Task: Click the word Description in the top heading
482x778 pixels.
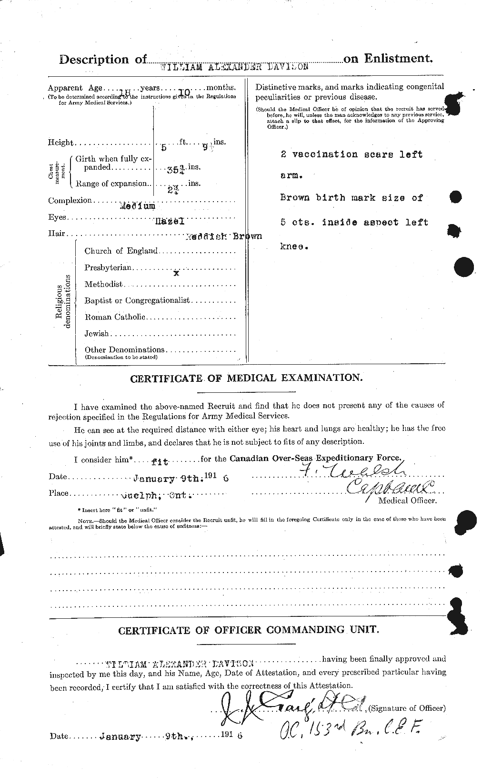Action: point(94,60)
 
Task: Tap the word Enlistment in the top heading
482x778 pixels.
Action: point(398,59)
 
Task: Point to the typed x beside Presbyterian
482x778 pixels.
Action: point(176,274)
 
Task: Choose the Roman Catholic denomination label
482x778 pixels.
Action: point(114,317)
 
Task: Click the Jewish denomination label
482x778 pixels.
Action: point(97,334)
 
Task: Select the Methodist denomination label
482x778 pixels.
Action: point(103,284)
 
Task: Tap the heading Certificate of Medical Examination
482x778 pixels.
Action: point(246,378)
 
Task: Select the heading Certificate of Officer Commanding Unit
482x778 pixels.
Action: point(249,630)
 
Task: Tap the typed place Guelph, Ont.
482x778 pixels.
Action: point(157,494)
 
